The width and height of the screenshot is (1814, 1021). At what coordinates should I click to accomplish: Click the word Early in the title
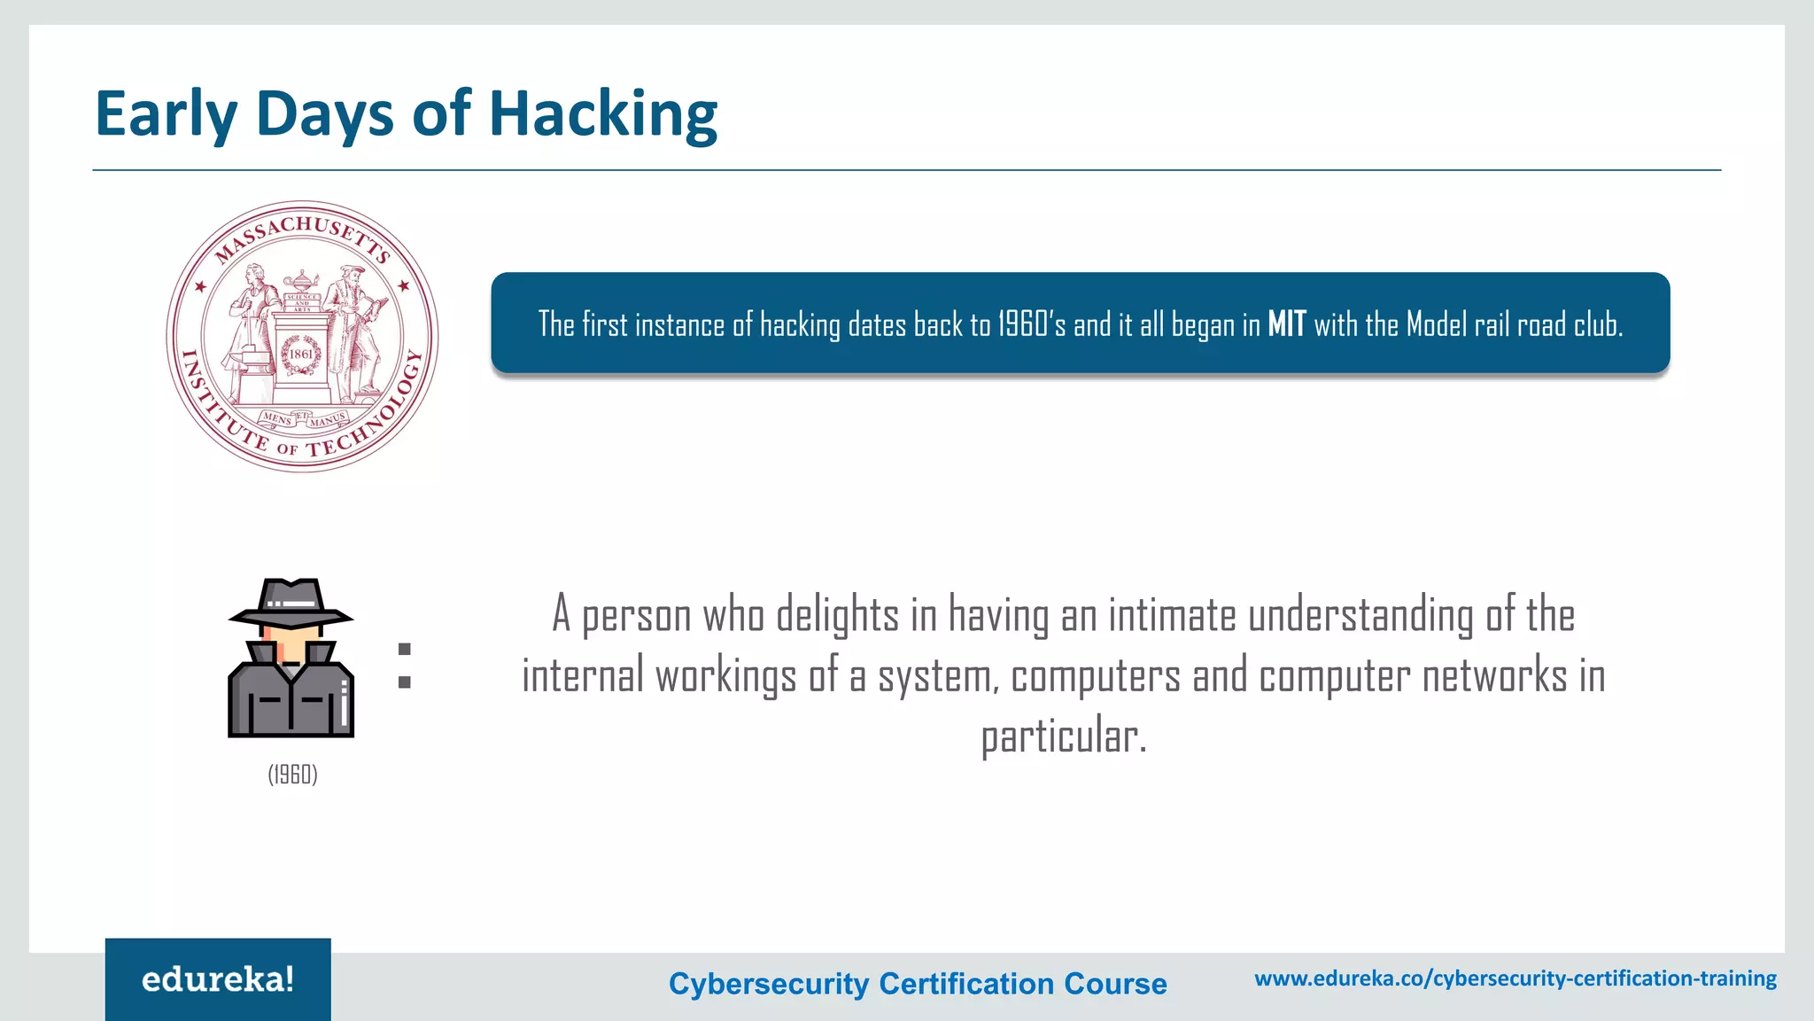(x=166, y=115)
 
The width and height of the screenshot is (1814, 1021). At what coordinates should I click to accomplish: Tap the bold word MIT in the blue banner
(x=1286, y=324)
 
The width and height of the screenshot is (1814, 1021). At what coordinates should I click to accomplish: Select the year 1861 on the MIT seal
(x=301, y=354)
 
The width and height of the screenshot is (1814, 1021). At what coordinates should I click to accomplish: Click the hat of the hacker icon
(x=291, y=603)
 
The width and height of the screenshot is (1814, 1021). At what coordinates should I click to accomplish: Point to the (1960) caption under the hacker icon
(x=292, y=775)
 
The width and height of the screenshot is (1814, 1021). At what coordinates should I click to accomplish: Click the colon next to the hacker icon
(x=405, y=666)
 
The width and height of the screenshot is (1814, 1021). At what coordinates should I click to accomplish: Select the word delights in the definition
(x=837, y=615)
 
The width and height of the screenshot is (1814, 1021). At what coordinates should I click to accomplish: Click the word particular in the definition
(x=1063, y=736)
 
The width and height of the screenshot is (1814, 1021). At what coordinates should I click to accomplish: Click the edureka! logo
(x=218, y=979)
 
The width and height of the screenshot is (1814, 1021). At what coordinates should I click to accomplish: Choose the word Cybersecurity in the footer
(x=769, y=984)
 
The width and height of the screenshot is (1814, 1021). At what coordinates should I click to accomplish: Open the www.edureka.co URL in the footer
(x=1516, y=978)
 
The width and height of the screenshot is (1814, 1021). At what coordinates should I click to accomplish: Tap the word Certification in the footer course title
(x=966, y=984)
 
